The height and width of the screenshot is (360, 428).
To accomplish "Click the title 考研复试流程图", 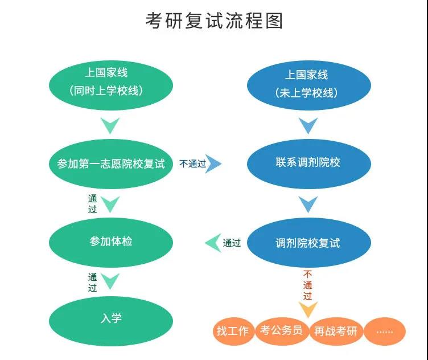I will [x=214, y=21].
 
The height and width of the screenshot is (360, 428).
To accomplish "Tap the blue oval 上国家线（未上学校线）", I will [x=308, y=84].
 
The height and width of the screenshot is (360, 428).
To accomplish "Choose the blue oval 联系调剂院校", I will [x=308, y=163].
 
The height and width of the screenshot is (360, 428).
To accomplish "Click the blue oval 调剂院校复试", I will [x=308, y=243].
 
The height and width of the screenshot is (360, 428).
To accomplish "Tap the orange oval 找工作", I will [x=232, y=331].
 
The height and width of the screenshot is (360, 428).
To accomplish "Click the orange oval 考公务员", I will [x=281, y=330].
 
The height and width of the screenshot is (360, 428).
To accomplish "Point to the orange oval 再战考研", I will [x=335, y=331].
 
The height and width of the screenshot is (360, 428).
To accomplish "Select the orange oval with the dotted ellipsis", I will [x=385, y=331].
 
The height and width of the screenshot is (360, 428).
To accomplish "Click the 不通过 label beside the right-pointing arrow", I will [x=192, y=164].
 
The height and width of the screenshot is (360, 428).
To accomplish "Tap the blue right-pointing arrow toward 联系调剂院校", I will [x=215, y=164].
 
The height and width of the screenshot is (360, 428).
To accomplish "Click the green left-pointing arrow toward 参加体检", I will [x=213, y=243].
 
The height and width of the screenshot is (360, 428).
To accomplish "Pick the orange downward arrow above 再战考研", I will [x=308, y=310].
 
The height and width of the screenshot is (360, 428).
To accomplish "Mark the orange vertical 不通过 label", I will [x=308, y=285].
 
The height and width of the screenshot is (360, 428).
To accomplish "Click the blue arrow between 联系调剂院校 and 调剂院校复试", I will [x=308, y=203].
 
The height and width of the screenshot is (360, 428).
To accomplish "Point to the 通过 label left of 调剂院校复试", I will [x=232, y=243].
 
